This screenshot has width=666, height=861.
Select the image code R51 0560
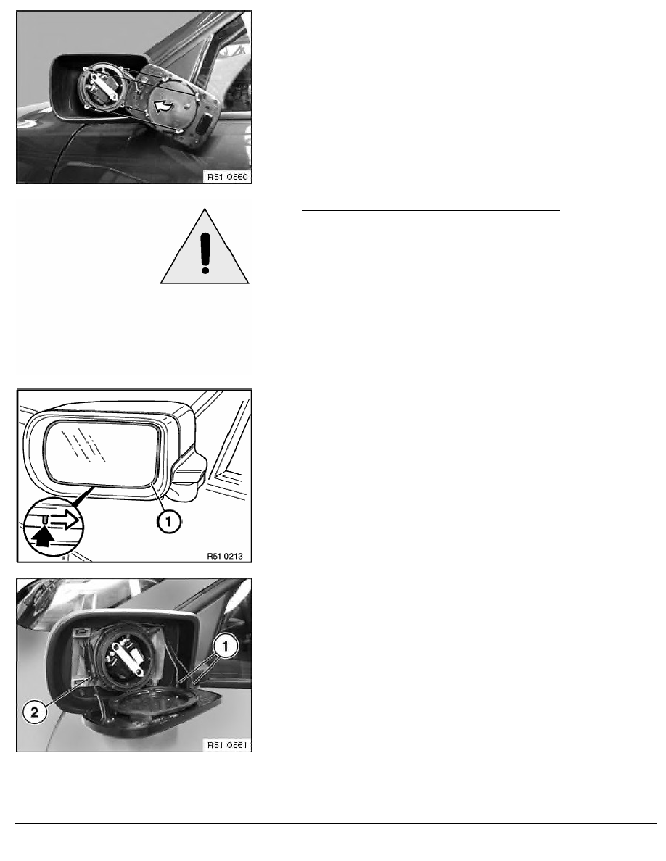228,177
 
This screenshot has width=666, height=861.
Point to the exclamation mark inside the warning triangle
205,252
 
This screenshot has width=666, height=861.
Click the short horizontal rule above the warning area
431,209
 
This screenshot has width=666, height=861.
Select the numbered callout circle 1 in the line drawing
169,520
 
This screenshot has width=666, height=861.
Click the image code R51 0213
225,556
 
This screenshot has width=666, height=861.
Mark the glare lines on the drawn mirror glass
83,443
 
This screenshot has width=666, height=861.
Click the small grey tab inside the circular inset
46,517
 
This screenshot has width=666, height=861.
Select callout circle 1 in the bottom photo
226,646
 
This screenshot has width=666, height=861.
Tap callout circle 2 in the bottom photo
35,712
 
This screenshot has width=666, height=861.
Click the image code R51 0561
228,744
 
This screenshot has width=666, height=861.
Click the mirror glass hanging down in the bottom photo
153,711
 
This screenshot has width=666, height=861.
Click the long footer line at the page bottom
336,823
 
